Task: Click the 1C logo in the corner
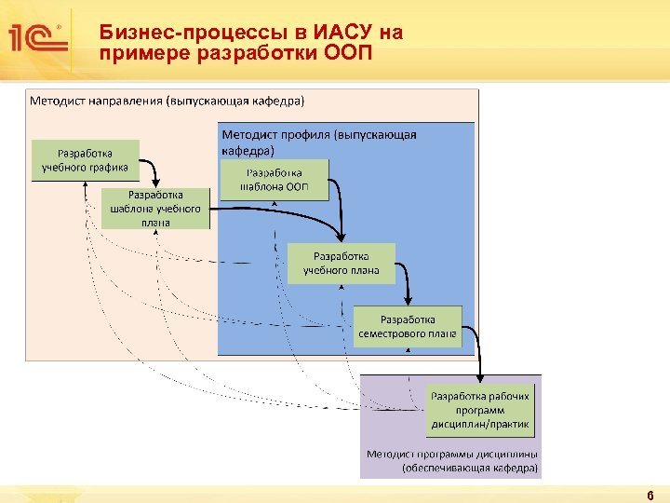(x=36, y=37)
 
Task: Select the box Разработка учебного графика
(x=86, y=160)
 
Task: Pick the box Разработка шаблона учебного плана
(x=155, y=209)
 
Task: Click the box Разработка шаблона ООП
(x=274, y=180)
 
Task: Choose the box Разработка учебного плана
(x=341, y=264)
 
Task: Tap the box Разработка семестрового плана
(x=408, y=326)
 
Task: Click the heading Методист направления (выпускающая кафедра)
(x=167, y=99)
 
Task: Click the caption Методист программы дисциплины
(x=452, y=455)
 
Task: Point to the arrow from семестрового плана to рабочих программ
(x=477, y=349)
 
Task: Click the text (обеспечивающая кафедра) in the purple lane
(x=470, y=469)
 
